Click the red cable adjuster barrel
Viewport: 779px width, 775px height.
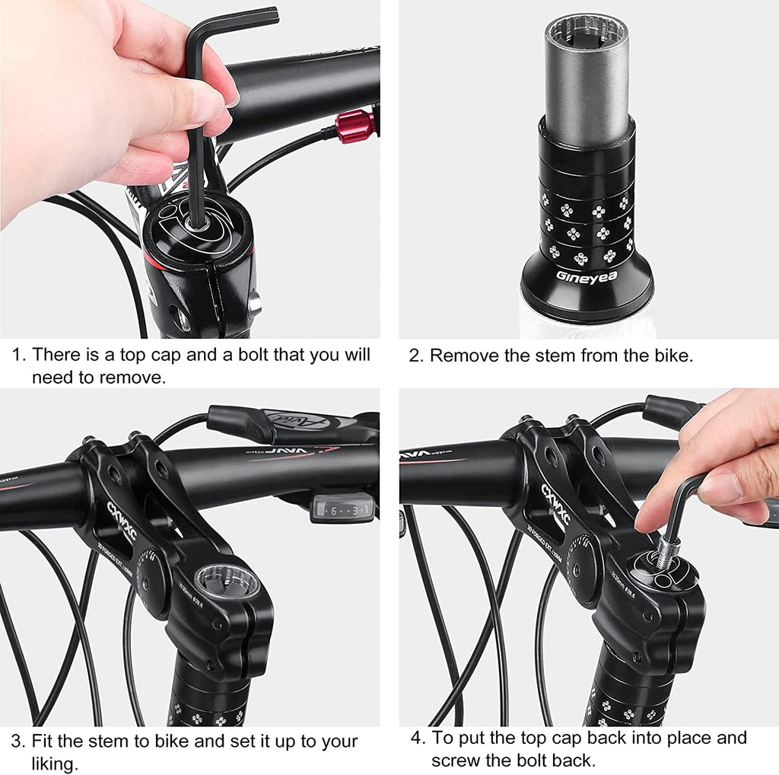click(x=355, y=126)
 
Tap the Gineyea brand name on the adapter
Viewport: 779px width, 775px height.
click(x=587, y=276)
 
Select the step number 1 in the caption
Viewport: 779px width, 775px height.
click(x=18, y=355)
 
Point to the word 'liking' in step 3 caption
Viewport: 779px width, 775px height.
click(x=54, y=763)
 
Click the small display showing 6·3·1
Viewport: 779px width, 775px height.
click(x=343, y=509)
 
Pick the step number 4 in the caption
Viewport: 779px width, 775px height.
click(x=418, y=738)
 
